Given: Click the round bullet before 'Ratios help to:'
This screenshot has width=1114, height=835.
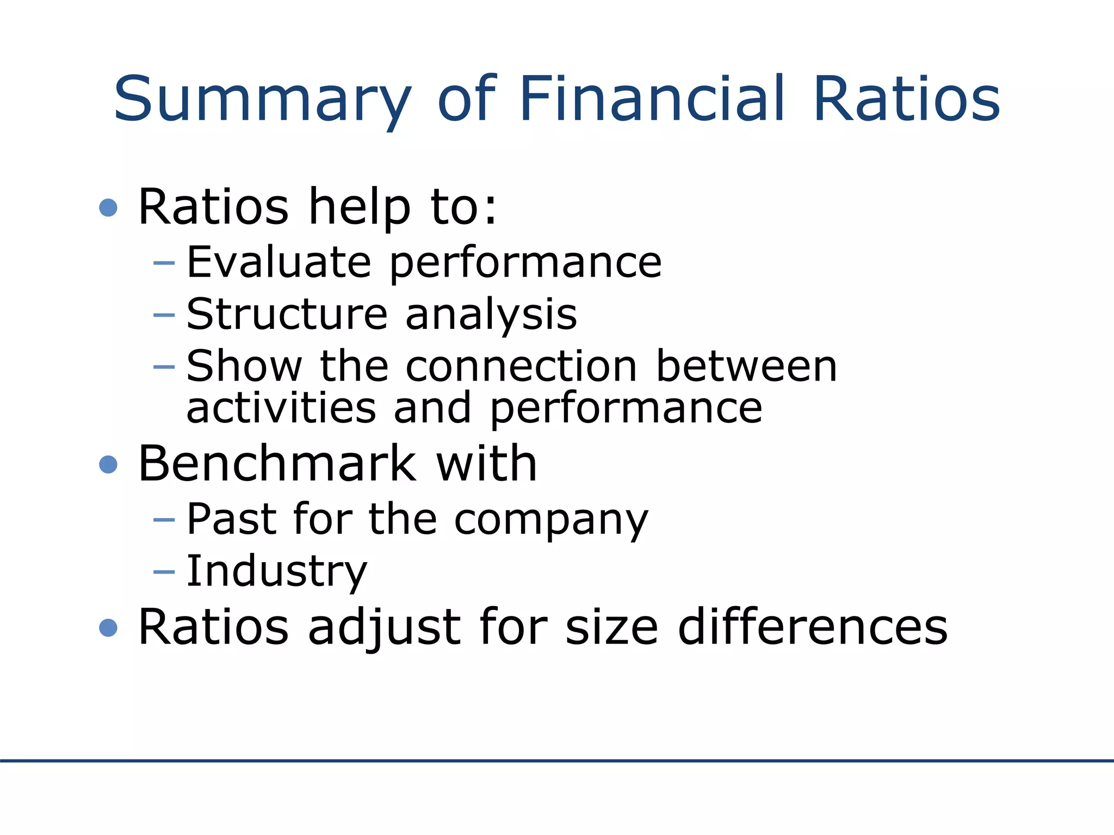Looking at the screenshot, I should point(109,208).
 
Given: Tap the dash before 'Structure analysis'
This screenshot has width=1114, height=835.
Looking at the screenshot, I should point(164,315).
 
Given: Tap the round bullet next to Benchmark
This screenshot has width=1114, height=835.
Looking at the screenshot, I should point(109,465).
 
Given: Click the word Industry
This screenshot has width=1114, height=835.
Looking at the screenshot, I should point(277,572).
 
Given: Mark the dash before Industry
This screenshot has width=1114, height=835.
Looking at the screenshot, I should point(164,572).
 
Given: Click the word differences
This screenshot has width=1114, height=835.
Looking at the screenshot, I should point(813,627).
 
